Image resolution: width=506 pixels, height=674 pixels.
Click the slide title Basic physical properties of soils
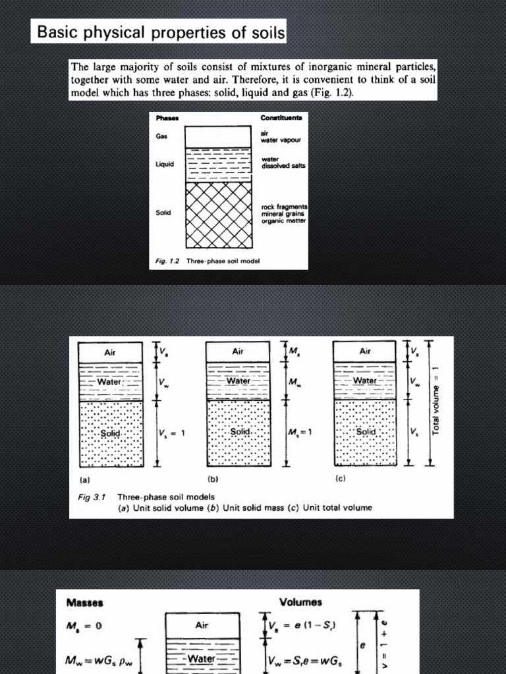coord(158,32)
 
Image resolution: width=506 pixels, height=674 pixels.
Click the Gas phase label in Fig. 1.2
coord(162,136)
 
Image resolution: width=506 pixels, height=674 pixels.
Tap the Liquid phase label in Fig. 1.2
coord(165,164)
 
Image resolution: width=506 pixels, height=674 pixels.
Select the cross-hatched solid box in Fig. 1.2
coord(218,214)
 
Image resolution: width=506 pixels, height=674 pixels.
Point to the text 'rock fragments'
coord(285,207)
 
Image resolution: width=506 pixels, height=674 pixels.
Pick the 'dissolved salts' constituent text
coord(284,166)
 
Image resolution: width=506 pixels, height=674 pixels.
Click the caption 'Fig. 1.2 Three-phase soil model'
coord(208,261)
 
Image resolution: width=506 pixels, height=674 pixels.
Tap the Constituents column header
coord(281,118)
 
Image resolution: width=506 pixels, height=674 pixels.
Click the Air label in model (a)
coord(110,352)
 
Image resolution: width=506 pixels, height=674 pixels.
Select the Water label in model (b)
coord(238,381)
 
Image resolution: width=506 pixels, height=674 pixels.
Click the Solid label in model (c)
coord(366,432)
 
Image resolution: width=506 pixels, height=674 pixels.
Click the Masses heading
coord(85,602)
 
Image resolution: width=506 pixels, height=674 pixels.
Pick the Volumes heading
coord(300,602)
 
